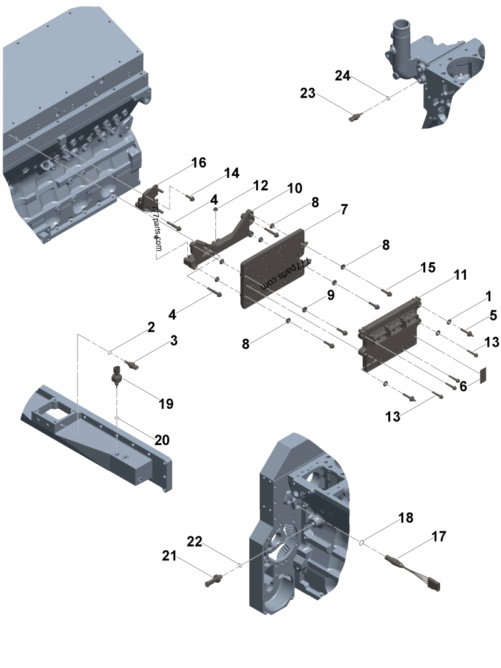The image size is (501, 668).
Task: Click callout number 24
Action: pos(342,76)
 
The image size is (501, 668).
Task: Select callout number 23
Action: pos(307,93)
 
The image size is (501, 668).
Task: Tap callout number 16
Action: pos(198,163)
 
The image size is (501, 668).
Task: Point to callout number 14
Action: pos(232,173)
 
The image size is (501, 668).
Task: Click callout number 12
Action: pos(261,185)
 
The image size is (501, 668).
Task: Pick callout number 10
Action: pos(294,188)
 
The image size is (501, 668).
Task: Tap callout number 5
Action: pos(493,315)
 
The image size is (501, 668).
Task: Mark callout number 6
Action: pos(463,387)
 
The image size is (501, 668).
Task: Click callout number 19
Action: pos(165,404)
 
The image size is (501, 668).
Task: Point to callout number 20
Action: pos(162,440)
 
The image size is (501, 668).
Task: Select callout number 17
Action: pos(438,537)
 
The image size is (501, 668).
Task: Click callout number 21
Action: pos(170,555)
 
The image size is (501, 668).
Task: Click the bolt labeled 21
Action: pos(214,580)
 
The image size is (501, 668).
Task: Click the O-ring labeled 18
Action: pos(363,543)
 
